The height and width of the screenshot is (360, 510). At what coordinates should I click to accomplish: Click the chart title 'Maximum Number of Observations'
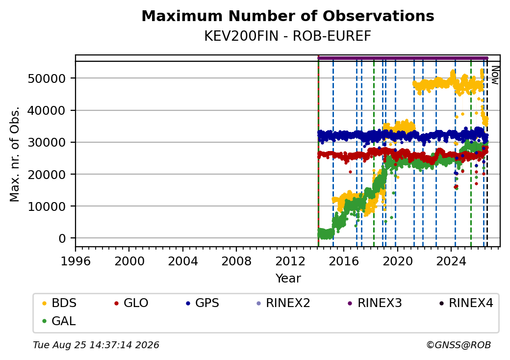click(288, 16)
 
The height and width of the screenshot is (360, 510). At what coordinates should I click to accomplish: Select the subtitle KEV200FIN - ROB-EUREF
click(287, 36)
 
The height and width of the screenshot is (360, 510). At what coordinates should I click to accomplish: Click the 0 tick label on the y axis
click(62, 238)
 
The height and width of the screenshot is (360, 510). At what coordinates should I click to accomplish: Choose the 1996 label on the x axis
click(76, 261)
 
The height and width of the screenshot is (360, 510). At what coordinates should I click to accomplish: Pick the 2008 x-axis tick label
click(236, 261)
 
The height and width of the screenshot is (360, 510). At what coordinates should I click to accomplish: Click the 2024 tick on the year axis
click(451, 261)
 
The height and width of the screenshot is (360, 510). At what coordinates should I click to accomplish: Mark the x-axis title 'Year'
click(288, 279)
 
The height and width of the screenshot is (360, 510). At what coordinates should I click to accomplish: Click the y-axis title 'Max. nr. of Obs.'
click(15, 154)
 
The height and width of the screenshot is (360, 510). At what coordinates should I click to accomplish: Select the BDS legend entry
click(59, 303)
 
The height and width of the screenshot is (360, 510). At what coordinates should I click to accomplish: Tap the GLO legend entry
click(131, 303)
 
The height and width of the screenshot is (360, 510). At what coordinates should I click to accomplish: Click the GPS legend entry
click(203, 303)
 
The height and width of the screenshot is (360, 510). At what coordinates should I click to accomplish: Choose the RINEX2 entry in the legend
click(283, 303)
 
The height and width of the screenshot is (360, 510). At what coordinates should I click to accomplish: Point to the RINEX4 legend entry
click(466, 303)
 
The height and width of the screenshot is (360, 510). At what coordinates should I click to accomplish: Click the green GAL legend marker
click(45, 321)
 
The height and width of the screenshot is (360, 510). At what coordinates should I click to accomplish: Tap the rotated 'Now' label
click(495, 75)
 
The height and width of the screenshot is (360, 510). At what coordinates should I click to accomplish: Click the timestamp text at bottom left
click(96, 345)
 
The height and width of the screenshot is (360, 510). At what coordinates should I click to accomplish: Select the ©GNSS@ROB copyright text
click(459, 345)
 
